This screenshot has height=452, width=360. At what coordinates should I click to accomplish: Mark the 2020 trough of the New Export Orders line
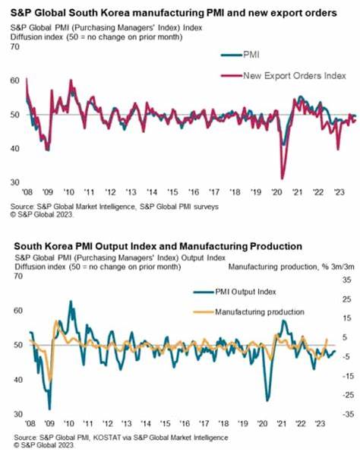tap(282, 176)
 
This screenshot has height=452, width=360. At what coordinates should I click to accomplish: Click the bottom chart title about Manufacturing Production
tap(156, 246)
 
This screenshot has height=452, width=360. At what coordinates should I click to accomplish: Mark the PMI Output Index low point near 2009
tap(49, 408)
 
